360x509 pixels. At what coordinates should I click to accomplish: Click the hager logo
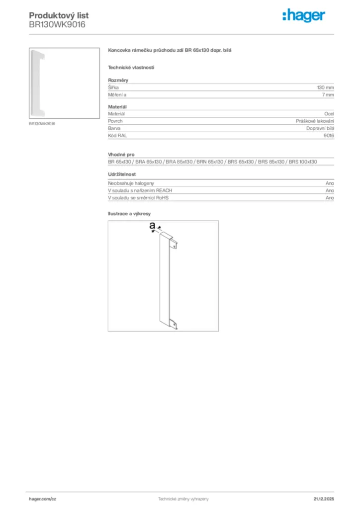pyautogui.click(x=304, y=16)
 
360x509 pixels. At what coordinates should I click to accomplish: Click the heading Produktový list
pyautogui.click(x=59, y=16)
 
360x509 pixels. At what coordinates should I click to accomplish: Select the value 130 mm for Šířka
pyautogui.click(x=325, y=87)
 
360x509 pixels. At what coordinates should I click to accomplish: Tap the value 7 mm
pyautogui.click(x=328, y=94)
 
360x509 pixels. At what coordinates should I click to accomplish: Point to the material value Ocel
pyautogui.click(x=329, y=114)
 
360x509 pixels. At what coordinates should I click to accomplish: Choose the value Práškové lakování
pyautogui.click(x=315, y=121)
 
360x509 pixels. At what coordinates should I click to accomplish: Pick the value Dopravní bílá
pyautogui.click(x=320, y=128)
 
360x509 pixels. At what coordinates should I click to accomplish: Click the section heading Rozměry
pyautogui.click(x=118, y=80)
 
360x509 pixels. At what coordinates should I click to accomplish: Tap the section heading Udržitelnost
pyautogui.click(x=122, y=174)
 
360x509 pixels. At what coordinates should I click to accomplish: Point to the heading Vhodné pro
pyautogui.click(x=121, y=155)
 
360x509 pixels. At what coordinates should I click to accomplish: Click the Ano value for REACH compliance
pyautogui.click(x=330, y=190)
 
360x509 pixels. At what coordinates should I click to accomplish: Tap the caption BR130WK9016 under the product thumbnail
pyautogui.click(x=42, y=123)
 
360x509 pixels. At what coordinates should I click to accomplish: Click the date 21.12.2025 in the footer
pyautogui.click(x=324, y=499)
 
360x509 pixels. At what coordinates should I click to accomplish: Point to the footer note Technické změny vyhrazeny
pyautogui.click(x=183, y=499)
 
